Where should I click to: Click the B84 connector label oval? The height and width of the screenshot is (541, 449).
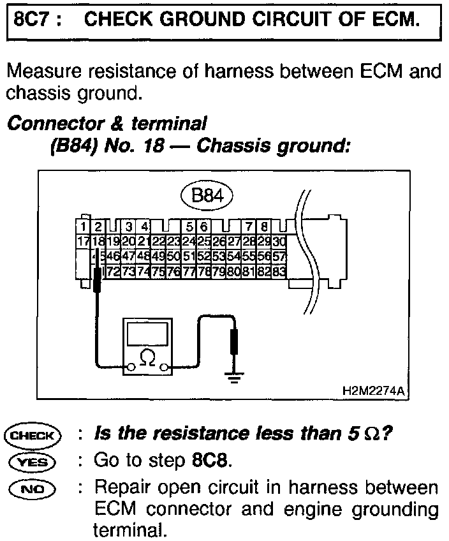207,195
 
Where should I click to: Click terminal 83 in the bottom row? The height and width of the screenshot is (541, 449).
279,271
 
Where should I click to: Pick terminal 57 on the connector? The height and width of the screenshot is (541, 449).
279,256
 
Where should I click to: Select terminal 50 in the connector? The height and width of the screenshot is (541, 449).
173,256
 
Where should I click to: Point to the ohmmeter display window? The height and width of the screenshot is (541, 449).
148,333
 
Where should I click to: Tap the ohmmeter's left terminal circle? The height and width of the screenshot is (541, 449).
130,367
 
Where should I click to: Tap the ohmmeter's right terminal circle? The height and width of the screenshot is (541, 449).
166,367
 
